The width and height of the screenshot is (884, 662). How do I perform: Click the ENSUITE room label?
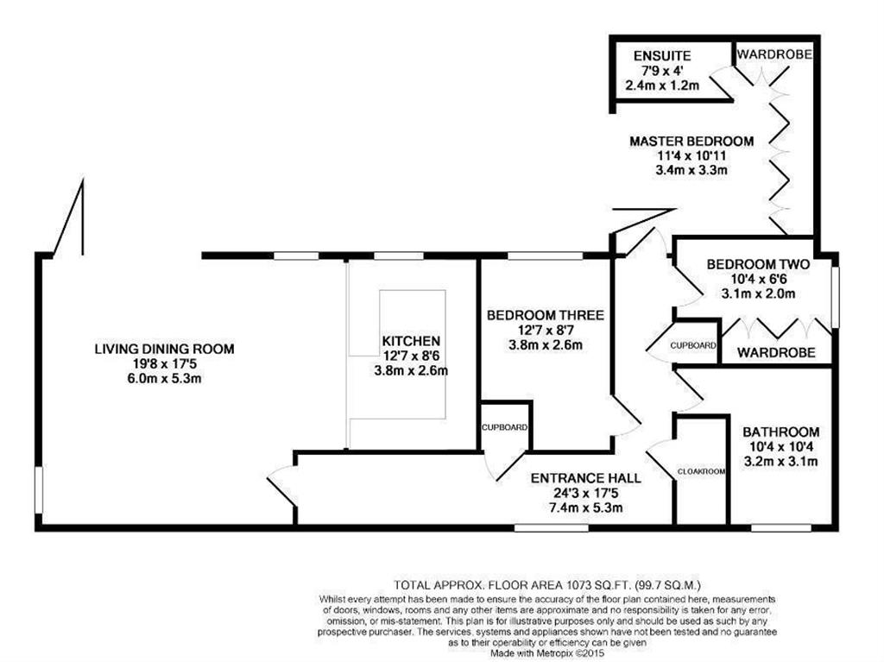point(661,56)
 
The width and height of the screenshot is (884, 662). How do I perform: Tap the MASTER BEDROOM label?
point(691,141)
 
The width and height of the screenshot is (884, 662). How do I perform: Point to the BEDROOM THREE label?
point(545,315)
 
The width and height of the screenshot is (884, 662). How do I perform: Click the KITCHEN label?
point(411,342)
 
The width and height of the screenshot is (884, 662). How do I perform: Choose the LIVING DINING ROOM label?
point(164,349)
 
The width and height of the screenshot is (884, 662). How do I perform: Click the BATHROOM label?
point(781,432)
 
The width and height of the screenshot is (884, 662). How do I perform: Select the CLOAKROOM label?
point(699,471)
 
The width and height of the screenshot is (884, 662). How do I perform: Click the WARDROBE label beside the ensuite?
point(773,53)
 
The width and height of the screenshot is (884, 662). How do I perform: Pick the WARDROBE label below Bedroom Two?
point(776,352)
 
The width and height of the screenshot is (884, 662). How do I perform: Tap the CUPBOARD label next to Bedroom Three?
point(505,427)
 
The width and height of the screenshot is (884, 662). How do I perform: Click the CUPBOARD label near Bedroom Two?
point(693,345)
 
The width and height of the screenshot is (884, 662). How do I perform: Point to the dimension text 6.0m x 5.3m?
point(164,378)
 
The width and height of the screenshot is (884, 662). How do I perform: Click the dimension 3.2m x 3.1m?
point(781,461)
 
